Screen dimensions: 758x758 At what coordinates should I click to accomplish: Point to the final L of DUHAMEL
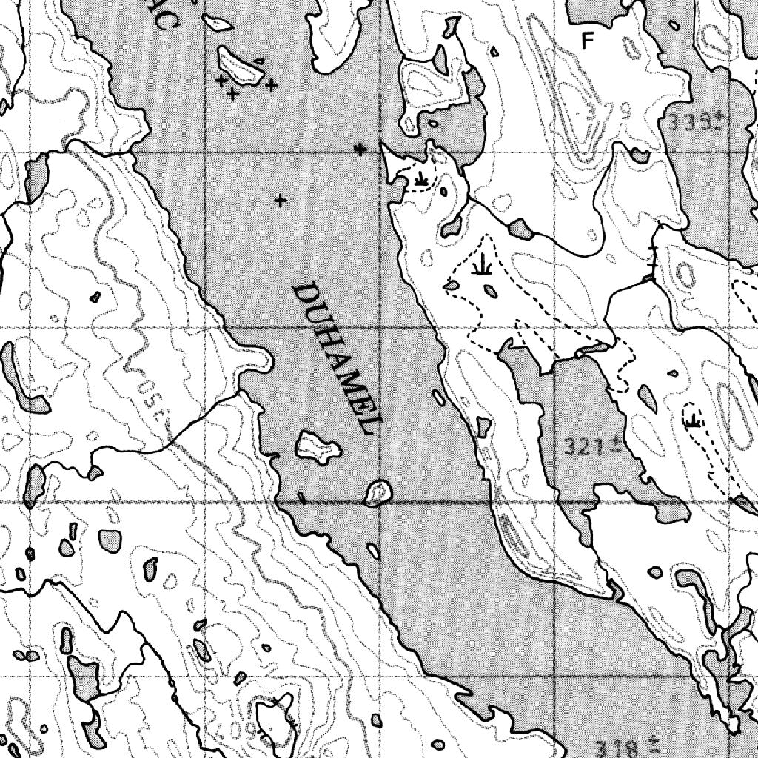[371, 422]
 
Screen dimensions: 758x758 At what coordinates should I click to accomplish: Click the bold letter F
[588, 41]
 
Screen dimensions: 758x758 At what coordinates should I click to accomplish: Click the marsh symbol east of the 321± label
[693, 420]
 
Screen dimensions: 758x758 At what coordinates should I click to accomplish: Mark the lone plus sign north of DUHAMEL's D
[280, 200]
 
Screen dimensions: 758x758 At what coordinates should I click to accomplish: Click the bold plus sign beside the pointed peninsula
[360, 150]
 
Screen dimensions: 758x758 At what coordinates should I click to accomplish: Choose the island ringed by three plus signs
[241, 67]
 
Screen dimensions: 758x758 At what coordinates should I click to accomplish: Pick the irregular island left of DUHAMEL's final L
[318, 447]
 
